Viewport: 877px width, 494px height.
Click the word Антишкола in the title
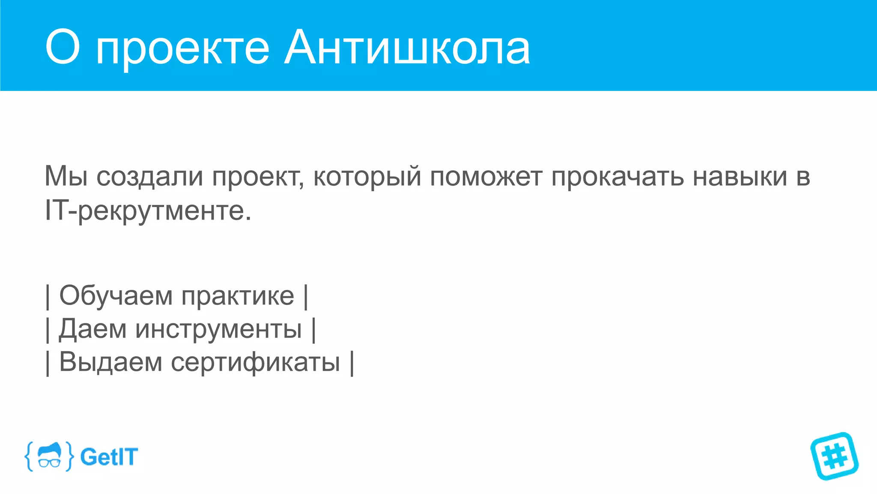coord(407,48)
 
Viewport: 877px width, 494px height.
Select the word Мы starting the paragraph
coord(66,176)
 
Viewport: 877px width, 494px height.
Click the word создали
coord(149,177)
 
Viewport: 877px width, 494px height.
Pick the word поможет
coord(486,177)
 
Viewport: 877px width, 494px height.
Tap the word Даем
coord(92,329)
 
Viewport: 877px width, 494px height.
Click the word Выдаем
coord(110,362)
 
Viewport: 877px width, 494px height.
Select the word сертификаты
coord(255,363)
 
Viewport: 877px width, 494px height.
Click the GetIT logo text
coord(109,457)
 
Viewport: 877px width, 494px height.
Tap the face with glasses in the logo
coord(49,456)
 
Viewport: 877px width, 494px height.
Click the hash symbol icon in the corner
coord(834,456)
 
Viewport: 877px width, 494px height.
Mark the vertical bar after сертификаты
coord(352,363)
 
